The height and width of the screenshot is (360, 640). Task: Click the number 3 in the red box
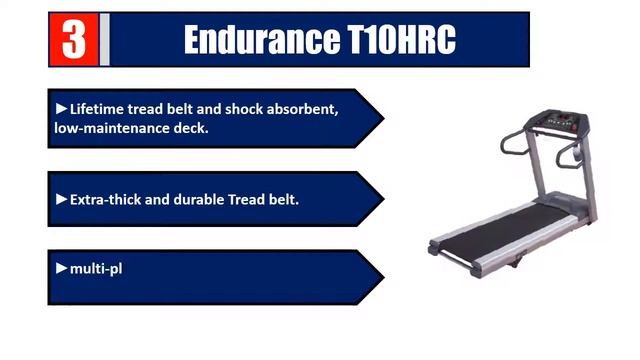click(73, 39)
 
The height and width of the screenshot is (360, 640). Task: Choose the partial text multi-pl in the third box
click(96, 268)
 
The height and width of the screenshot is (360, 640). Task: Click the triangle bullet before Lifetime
click(62, 108)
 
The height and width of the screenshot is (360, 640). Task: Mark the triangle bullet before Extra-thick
click(62, 199)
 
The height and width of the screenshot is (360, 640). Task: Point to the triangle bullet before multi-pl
click(62, 268)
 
